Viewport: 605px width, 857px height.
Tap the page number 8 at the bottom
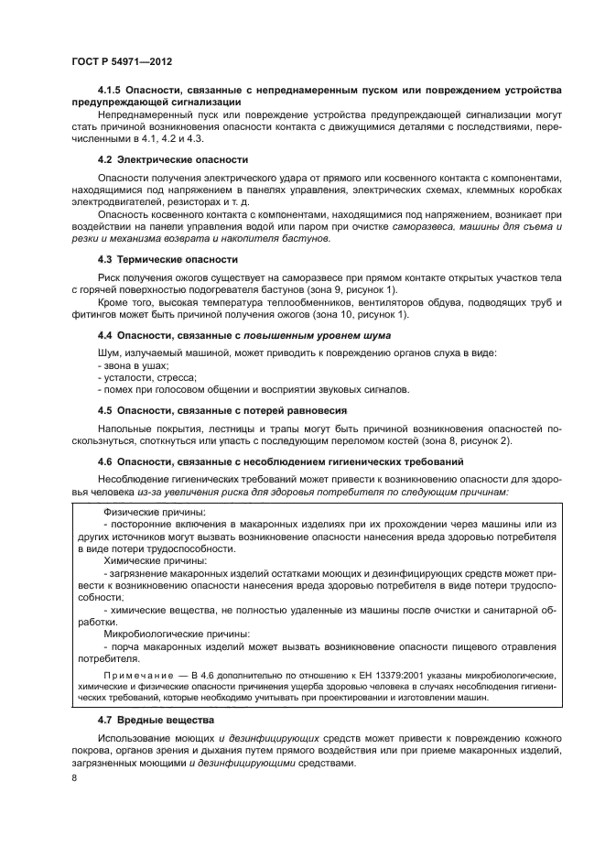click(74, 777)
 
